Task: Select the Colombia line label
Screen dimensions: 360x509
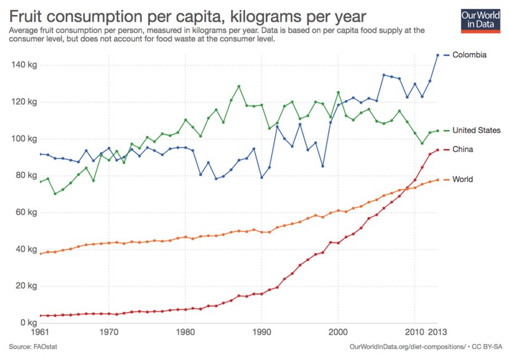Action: click(470, 55)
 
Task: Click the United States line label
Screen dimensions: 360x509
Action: click(476, 130)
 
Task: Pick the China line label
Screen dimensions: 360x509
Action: click(463, 149)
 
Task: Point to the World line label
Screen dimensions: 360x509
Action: click(462, 180)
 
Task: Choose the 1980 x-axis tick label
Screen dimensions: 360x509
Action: click(185, 332)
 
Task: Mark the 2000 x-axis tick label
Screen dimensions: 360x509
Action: click(338, 332)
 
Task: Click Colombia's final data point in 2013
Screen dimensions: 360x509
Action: click(438, 55)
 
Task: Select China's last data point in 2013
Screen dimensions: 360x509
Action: click(438, 150)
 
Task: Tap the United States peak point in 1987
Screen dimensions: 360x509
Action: click(239, 86)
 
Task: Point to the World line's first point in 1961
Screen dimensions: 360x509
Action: click(40, 254)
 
